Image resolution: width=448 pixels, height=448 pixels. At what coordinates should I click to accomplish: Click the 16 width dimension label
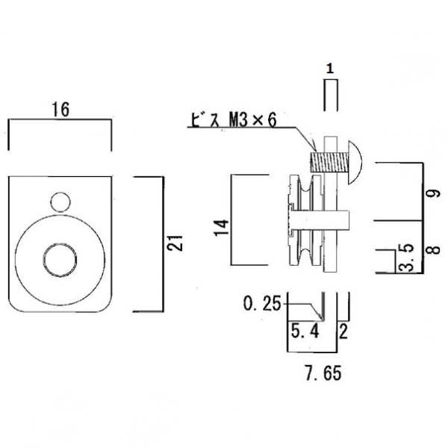[61, 110]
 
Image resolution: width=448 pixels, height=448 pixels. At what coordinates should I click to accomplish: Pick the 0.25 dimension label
[263, 304]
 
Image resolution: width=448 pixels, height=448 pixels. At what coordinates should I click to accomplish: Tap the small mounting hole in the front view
[60, 202]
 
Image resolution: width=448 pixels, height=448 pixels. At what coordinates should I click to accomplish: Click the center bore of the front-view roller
[60, 258]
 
